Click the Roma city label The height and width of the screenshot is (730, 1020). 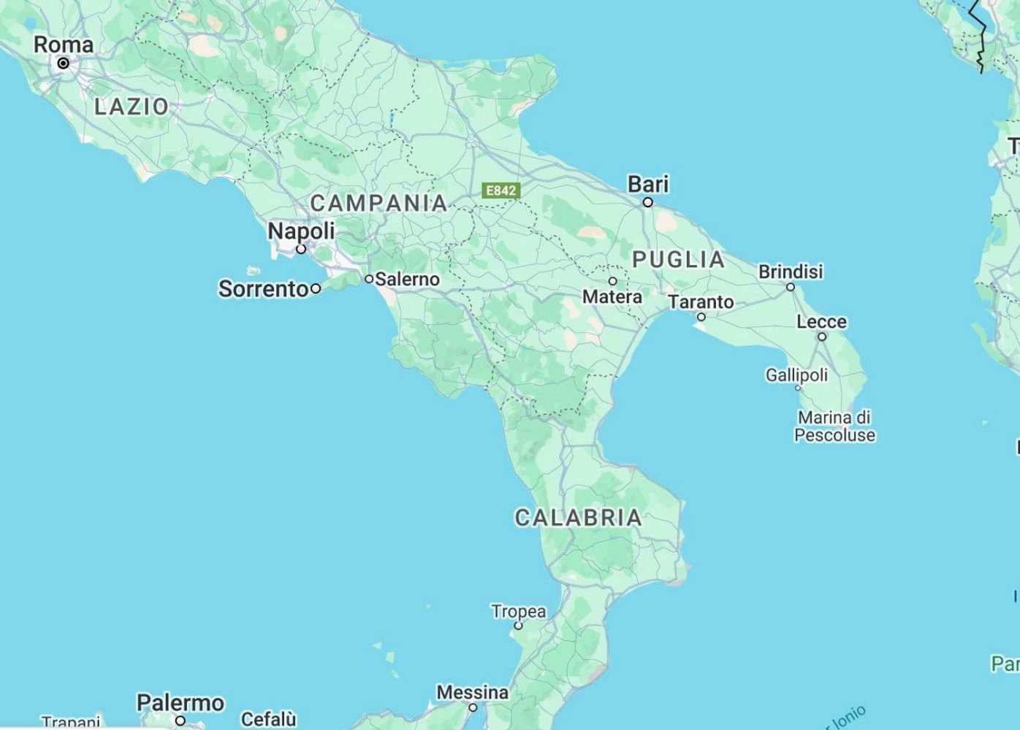point(64,45)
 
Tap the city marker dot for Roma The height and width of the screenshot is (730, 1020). point(64,64)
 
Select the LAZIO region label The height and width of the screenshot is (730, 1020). point(132,107)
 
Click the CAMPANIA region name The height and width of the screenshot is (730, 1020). point(378,203)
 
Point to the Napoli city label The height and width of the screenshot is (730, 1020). point(301,231)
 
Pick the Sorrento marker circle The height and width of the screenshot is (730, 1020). point(316,288)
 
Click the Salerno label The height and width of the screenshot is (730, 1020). point(407,279)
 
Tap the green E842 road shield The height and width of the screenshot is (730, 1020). point(501,191)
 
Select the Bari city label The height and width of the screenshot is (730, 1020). point(648,184)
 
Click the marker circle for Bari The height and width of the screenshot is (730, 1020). point(647,202)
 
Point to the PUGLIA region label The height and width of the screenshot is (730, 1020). point(678,259)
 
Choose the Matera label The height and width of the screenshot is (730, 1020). point(612,297)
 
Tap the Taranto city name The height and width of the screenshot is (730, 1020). point(701,301)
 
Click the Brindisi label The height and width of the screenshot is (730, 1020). point(791,272)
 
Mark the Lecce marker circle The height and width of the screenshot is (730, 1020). point(822,337)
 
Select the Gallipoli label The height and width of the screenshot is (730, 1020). point(796,375)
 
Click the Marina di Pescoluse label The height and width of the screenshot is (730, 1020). point(834,426)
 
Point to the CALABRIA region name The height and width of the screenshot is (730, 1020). point(578,518)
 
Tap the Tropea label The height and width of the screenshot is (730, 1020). point(518,611)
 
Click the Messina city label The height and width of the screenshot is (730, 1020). point(473,691)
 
